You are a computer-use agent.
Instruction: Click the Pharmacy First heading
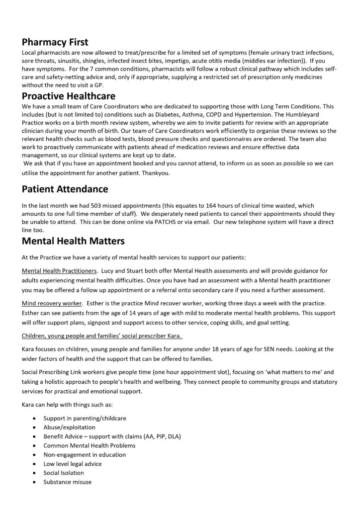pyautogui.click(x=55, y=43)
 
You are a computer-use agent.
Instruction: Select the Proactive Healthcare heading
pyautogui.click(x=69, y=96)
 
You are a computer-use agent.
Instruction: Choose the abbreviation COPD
pyautogui.click(x=229, y=115)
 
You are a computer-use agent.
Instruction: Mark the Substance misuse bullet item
pyautogui.click(x=67, y=482)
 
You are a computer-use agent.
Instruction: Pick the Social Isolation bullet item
pyautogui.click(x=64, y=473)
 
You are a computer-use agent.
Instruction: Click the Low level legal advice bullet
pyautogui.click(x=73, y=463)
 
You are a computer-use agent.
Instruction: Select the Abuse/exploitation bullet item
pyautogui.click(x=69, y=427)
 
